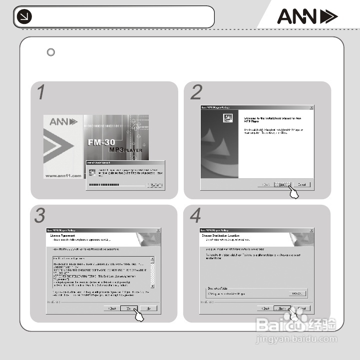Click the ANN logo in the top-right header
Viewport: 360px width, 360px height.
click(307, 17)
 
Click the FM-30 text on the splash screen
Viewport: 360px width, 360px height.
click(102, 142)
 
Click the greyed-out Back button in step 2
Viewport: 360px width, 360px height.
click(266, 185)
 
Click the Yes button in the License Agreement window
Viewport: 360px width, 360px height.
click(129, 309)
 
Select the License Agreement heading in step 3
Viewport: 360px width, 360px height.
click(61, 235)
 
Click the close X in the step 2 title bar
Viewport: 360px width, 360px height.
click(312, 107)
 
